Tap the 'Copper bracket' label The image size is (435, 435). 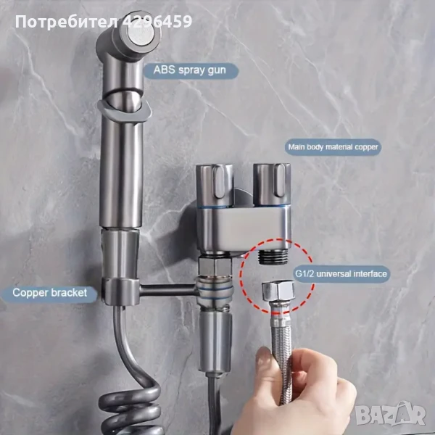pos(54,294)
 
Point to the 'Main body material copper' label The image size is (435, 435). pos(333,146)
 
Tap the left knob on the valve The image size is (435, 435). pos(214,182)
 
